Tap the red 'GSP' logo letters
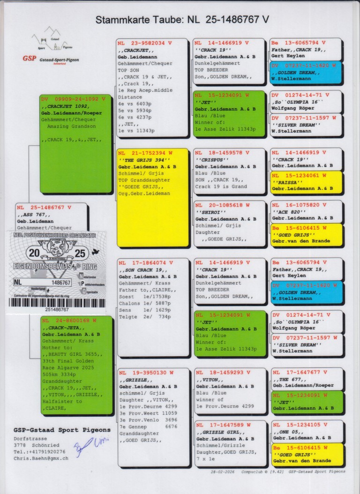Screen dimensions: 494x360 [x=29, y=59]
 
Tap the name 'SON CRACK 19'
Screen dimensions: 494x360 [x=143, y=270]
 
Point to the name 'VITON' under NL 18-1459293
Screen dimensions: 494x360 [x=208, y=380]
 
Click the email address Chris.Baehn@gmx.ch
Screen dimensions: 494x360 [x=41, y=458]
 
